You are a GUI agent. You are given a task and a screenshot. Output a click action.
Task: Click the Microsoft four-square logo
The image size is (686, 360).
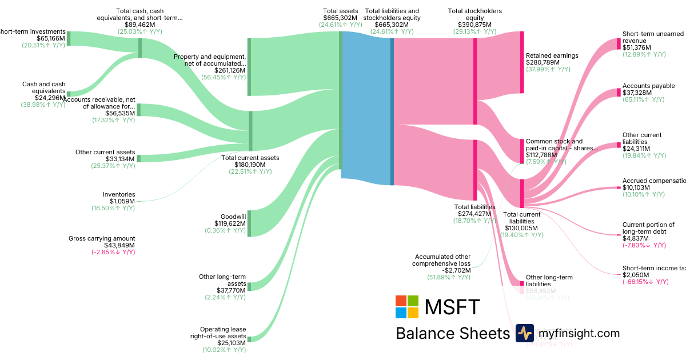[x=407, y=307]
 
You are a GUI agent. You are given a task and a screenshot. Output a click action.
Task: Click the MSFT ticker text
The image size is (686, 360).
[x=452, y=307]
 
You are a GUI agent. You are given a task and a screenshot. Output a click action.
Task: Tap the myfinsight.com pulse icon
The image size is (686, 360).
[x=524, y=333]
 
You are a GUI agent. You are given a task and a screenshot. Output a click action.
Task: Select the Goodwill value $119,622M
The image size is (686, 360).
[x=230, y=223]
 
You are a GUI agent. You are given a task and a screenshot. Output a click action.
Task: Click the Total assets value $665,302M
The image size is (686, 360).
[x=340, y=18]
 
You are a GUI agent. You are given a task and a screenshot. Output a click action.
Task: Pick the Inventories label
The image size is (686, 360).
[x=119, y=194]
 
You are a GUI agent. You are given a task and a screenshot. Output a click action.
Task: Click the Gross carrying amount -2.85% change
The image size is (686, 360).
[x=113, y=252]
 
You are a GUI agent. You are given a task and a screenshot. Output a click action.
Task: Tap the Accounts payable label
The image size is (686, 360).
[x=648, y=86]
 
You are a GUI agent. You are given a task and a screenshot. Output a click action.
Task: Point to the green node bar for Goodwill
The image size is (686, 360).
[x=249, y=223]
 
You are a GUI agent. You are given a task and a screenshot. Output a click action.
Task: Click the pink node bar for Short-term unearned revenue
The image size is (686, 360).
[x=618, y=44]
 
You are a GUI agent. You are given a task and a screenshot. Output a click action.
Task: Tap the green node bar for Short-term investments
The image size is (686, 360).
[x=69, y=38]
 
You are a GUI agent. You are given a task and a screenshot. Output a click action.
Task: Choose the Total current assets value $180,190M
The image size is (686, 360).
[x=250, y=165]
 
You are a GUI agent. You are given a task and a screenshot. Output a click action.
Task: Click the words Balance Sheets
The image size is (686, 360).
[x=452, y=334]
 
